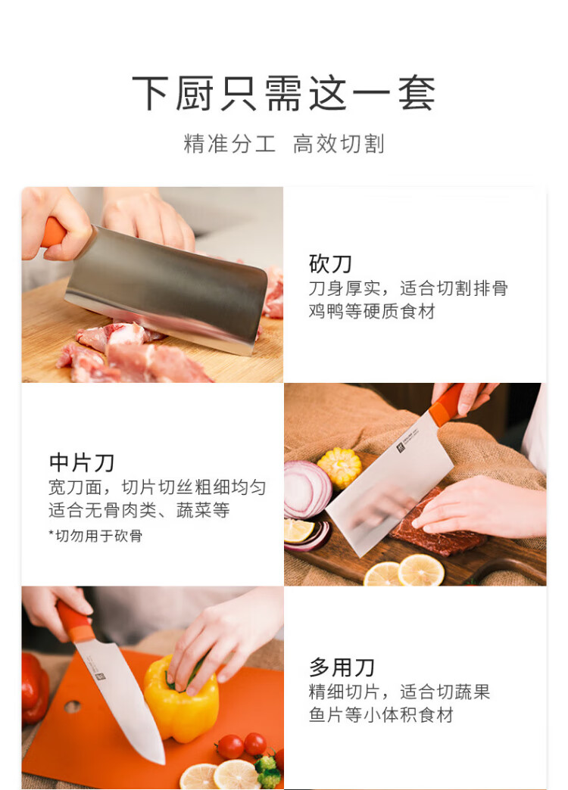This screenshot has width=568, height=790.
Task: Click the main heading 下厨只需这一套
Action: (x=283, y=93)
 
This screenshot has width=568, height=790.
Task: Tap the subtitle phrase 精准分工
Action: (x=229, y=144)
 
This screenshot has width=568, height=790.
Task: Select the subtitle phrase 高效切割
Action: (x=339, y=144)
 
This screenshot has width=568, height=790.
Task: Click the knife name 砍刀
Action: (x=330, y=263)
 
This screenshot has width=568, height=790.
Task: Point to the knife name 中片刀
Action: (x=82, y=462)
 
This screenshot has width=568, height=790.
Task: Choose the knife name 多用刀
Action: (x=342, y=667)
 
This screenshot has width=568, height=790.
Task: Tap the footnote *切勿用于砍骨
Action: (x=95, y=536)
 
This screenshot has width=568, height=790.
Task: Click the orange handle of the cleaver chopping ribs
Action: (x=53, y=232)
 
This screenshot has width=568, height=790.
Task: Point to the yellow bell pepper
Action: (x=181, y=700)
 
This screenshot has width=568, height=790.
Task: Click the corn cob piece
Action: (x=339, y=467)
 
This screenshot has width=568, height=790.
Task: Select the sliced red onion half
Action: (x=307, y=489)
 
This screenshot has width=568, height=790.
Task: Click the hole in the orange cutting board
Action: (x=72, y=706)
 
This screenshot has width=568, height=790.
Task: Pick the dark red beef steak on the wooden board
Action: (x=438, y=529)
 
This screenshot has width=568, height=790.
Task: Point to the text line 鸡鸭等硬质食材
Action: (x=372, y=311)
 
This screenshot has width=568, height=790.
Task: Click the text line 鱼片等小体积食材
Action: (x=381, y=714)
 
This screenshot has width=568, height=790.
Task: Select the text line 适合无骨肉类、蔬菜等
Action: (x=139, y=510)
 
